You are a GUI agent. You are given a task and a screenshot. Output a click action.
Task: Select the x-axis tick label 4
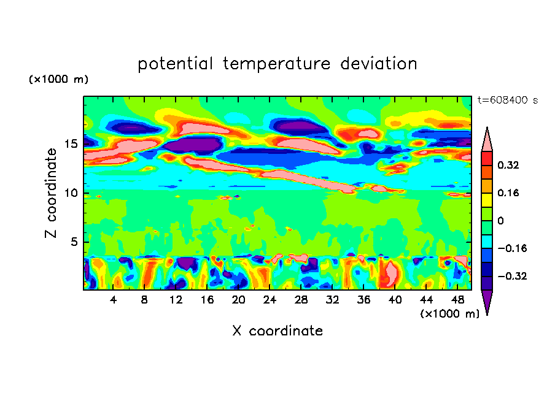pos(114,300)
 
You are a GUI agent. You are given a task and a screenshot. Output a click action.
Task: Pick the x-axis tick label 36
pos(363,300)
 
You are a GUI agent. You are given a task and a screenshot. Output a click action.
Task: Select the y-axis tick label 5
pos(75,242)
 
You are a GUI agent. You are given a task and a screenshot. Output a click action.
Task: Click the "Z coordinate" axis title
pos(52,193)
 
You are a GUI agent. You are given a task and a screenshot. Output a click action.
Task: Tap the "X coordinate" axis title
pos(277,331)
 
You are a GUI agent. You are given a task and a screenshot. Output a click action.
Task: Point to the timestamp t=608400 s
pos(507,100)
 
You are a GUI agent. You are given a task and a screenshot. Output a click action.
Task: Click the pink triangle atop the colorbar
pos(487,140)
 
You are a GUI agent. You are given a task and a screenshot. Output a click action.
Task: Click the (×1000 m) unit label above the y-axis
pos(59,80)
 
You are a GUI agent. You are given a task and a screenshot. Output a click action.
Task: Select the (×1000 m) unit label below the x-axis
pos(449,313)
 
